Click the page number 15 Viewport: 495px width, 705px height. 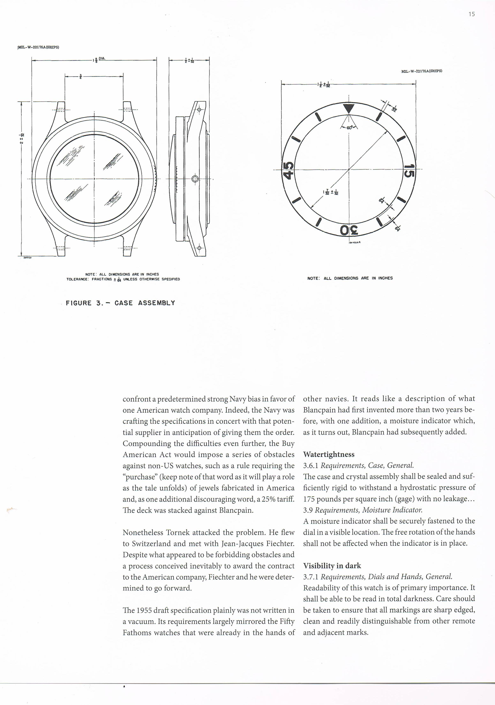coord(472,14)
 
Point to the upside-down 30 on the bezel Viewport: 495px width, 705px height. coord(349,230)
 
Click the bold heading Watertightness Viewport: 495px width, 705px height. coord(329,454)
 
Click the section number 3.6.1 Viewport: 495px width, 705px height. coord(311,466)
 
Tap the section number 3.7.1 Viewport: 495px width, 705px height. coord(311,577)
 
